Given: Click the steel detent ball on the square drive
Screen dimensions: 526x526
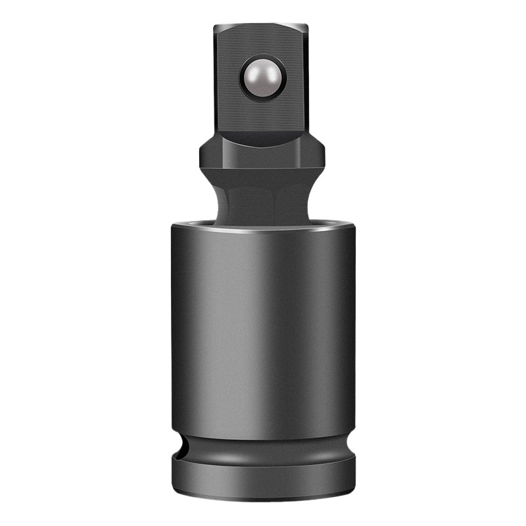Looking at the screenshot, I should pos(261,78).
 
